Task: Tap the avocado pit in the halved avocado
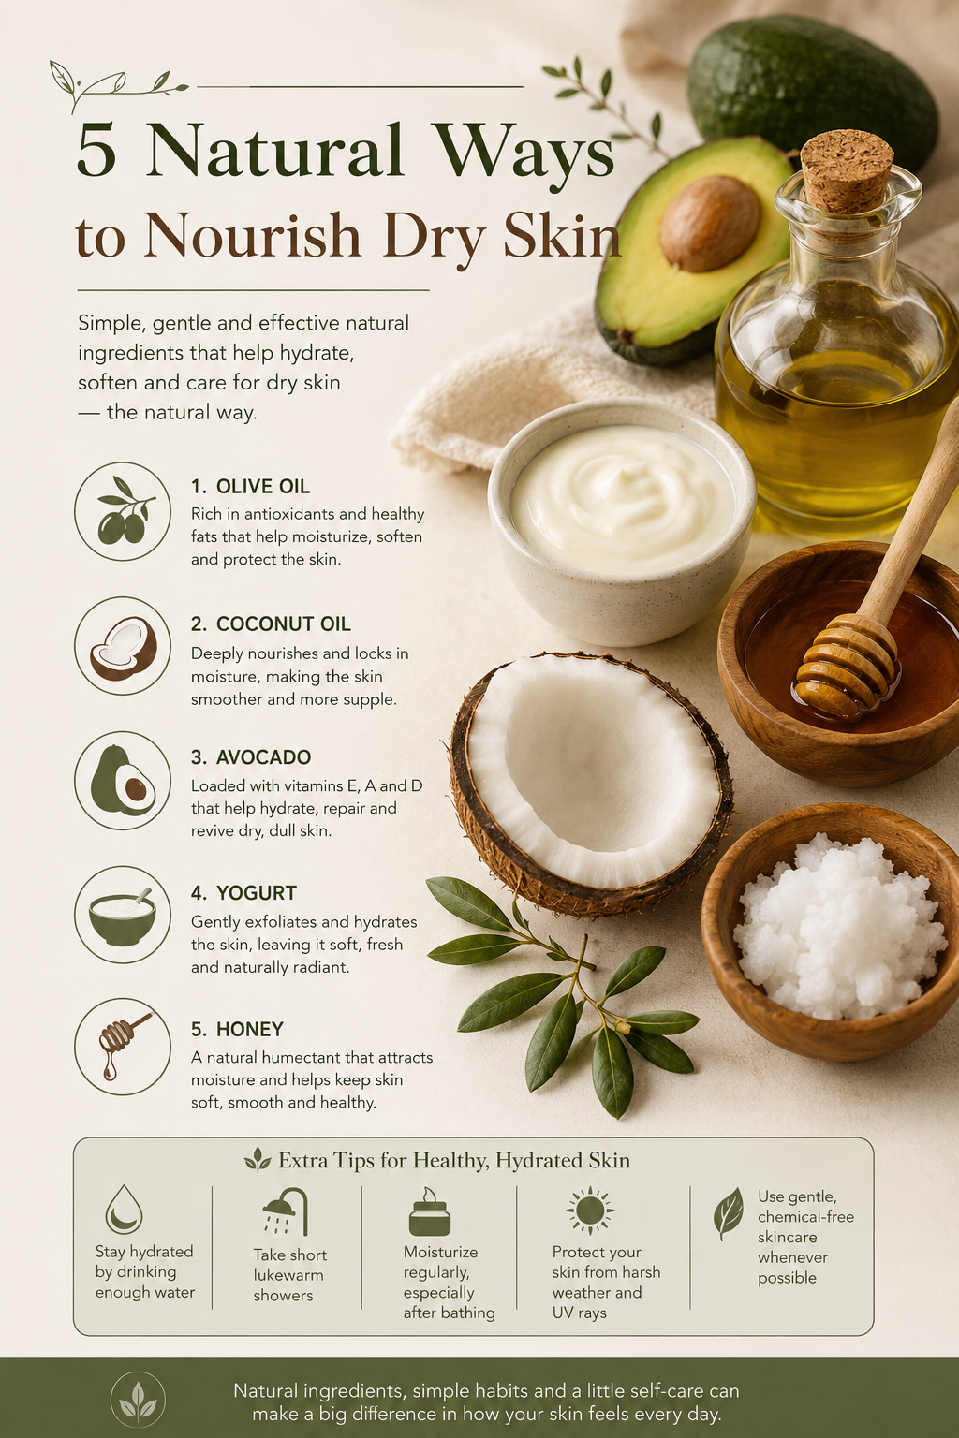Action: [x=710, y=223]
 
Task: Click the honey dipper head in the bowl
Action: [x=847, y=668]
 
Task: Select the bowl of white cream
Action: [x=621, y=520]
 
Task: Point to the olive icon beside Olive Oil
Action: [x=123, y=512]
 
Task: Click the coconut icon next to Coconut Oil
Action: [x=123, y=646]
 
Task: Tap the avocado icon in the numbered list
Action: [x=123, y=780]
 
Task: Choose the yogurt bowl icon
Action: [x=123, y=915]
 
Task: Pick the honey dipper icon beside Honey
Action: [x=123, y=1047]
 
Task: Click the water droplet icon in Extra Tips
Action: [x=124, y=1210]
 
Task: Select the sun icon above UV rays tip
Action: [x=590, y=1211]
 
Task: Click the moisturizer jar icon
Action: [x=429, y=1212]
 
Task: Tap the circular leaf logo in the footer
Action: [x=138, y=1401]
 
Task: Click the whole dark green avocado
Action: [x=813, y=91]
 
